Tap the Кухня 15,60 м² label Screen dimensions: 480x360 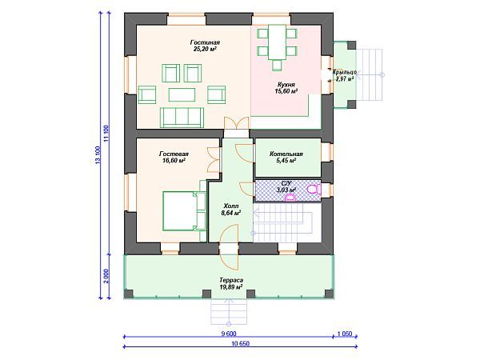pyautogui.click(x=286, y=87)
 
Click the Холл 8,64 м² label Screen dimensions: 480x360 pyautogui.click(x=231, y=209)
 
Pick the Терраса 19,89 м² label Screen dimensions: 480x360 pyautogui.click(x=231, y=283)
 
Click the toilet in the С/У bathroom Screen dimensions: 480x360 pyautogui.click(x=314, y=190)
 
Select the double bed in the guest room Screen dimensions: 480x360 pyautogui.click(x=184, y=210)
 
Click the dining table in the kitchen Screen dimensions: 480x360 pyautogui.click(x=277, y=42)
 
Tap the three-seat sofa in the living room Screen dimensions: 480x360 pyautogui.click(x=182, y=118)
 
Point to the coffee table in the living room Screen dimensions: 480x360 pyautogui.click(x=182, y=94)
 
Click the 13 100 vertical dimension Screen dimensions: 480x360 pyautogui.click(x=98, y=155)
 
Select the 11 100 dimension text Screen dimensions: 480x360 pyautogui.click(x=106, y=134)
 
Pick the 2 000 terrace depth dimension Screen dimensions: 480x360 pyautogui.click(x=106, y=276)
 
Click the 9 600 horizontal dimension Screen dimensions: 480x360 pyautogui.click(x=229, y=334)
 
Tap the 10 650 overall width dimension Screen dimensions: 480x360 pyautogui.click(x=240, y=343)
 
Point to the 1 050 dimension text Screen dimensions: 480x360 pyautogui.click(x=345, y=334)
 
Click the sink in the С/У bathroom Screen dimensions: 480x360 pyautogui.click(x=290, y=198)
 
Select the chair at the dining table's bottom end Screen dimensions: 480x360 pyautogui.click(x=277, y=66)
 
